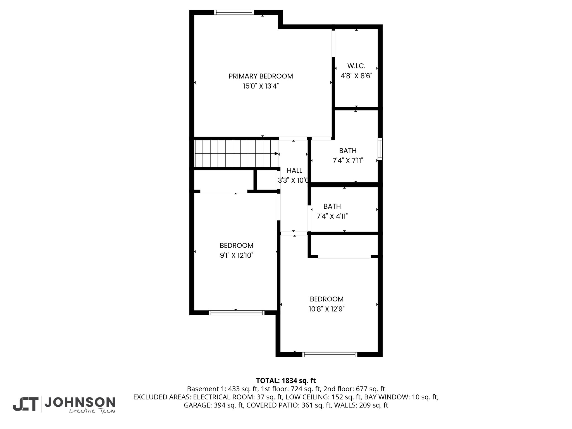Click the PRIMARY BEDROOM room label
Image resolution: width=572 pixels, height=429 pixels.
tap(261, 76)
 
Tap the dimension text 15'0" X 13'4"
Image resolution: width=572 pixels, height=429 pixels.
tap(261, 86)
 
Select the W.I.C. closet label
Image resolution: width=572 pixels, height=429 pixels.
tap(356, 66)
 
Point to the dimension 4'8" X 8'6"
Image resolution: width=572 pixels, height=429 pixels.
tap(356, 76)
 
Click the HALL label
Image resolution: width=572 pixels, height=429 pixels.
tap(294, 170)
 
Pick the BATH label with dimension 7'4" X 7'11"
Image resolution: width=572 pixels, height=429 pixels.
tap(348, 151)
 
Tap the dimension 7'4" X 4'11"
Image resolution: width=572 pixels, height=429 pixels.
tap(332, 216)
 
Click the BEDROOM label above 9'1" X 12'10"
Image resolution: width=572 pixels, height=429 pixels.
tap(237, 246)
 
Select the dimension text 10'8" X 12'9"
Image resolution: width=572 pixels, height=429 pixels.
tap(327, 309)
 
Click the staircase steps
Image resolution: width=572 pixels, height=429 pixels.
tap(236, 154)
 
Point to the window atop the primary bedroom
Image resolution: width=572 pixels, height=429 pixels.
tap(234, 12)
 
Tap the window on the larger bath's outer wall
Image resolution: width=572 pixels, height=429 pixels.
tap(380, 149)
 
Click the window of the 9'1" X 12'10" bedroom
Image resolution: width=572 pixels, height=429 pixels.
tap(237, 313)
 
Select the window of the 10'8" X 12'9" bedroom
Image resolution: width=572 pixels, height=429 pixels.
tap(330, 354)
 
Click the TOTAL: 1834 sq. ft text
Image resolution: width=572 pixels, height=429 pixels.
tap(286, 381)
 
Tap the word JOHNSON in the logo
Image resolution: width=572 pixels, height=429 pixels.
tap(80, 402)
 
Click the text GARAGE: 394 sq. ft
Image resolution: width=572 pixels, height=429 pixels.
tap(212, 405)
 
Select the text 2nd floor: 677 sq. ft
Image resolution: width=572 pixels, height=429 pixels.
tap(354, 389)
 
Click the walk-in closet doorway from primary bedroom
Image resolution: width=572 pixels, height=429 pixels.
tap(333, 43)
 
